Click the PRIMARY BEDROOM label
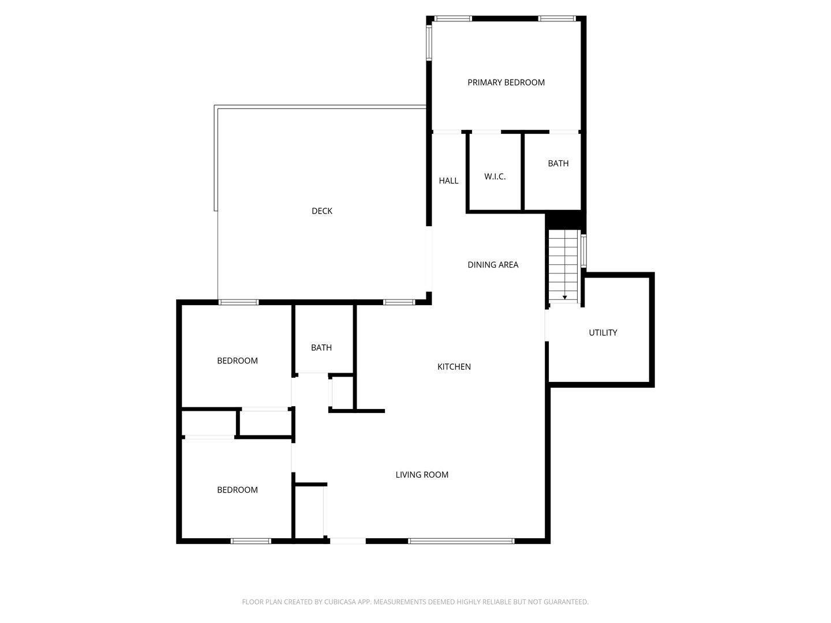tap(506, 82)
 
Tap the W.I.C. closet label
tap(495, 177)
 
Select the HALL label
tap(448, 181)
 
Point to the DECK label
tap(322, 211)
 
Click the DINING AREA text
tap(493, 265)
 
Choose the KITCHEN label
tap(454, 367)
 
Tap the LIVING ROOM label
tap(422, 475)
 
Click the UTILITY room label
tap(603, 333)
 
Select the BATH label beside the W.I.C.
tap(558, 164)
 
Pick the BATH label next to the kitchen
tap(321, 348)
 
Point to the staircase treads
tap(563, 262)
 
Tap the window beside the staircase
tap(584, 250)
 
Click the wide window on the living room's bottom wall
tap(461, 541)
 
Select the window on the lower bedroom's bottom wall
tap(251, 541)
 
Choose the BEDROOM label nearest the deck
tap(237, 361)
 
